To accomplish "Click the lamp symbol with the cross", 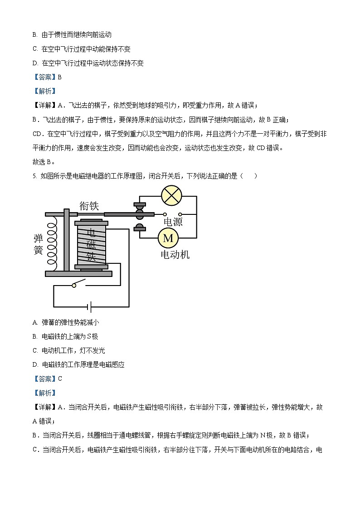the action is pyautogui.click(x=171, y=197).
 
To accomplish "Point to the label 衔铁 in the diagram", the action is pyautogui.click(x=89, y=205).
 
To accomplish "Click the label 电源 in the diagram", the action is pyautogui.click(x=173, y=222).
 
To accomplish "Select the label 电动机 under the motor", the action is pyautogui.click(x=175, y=254).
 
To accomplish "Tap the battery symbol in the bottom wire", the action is pyautogui.click(x=91, y=307).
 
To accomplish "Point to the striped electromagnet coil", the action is pyautogui.click(x=91, y=245).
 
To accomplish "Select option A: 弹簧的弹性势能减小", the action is pyautogui.click(x=66, y=322).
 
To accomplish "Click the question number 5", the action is pyautogui.click(x=34, y=176).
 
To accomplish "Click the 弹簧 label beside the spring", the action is pyautogui.click(x=38, y=244).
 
